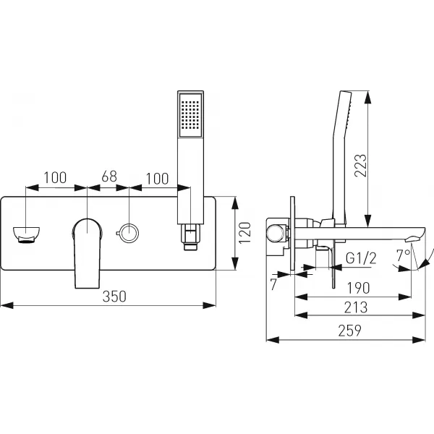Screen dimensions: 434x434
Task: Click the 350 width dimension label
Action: pos(114,296)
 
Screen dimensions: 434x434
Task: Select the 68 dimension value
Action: pos(109,176)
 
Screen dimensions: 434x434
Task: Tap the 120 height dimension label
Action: pos(244,233)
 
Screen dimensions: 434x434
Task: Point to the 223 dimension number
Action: pos(361,166)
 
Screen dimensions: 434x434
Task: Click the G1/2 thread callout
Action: pos(361,258)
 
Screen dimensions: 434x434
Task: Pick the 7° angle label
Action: pos(403,255)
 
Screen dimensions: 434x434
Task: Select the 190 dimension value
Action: pos(358,288)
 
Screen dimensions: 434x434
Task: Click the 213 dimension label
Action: pos(356,307)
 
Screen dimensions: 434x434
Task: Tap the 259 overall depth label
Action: pos(349,331)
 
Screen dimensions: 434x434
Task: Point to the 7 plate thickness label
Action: pos(273,284)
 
